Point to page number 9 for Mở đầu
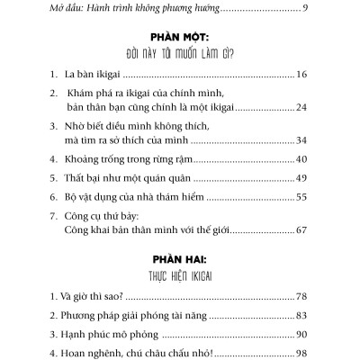pos(307,8)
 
